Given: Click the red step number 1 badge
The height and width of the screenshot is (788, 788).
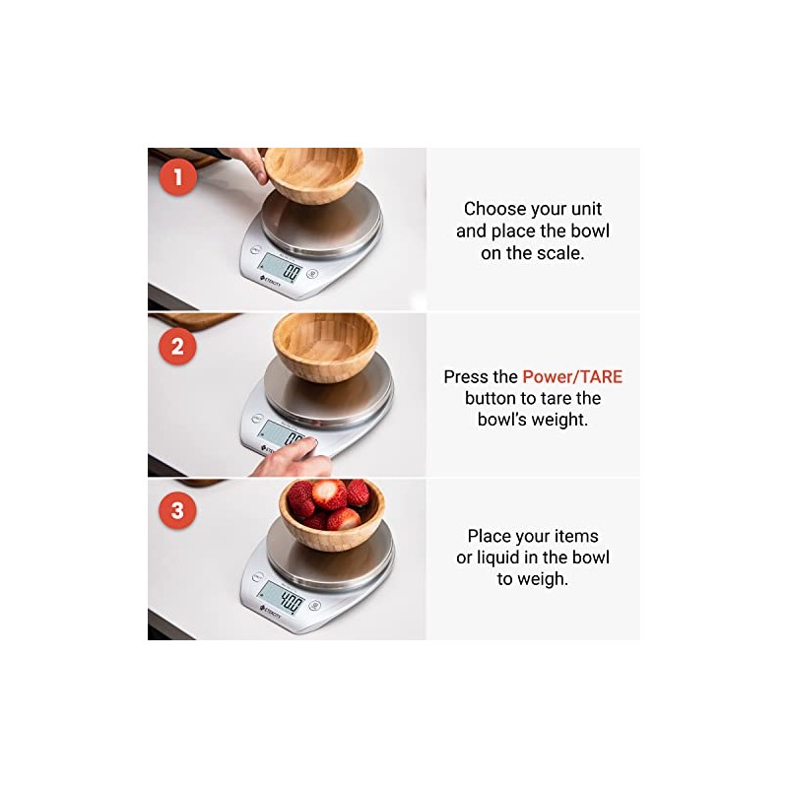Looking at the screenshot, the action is pos(177,177).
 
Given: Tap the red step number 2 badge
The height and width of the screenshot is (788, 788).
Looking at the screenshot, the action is pos(177,347).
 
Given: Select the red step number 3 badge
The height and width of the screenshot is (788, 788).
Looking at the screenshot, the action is pos(177,510).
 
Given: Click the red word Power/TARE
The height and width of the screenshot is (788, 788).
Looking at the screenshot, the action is pos(572,377).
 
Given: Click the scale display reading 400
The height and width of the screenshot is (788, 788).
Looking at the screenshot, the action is pos(282,598).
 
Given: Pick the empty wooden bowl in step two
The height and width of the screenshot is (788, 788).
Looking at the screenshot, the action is pos(326,346).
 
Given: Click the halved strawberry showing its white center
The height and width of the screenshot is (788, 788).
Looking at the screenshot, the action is pos(329,493).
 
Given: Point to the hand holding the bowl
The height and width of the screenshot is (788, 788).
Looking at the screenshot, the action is pos(246,164).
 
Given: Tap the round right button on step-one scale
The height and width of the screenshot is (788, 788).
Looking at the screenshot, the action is pos(312,274).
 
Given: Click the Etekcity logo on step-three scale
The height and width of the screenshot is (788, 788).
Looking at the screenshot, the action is pos(270,612).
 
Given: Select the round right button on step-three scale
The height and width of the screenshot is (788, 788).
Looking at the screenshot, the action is pos(314,605).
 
